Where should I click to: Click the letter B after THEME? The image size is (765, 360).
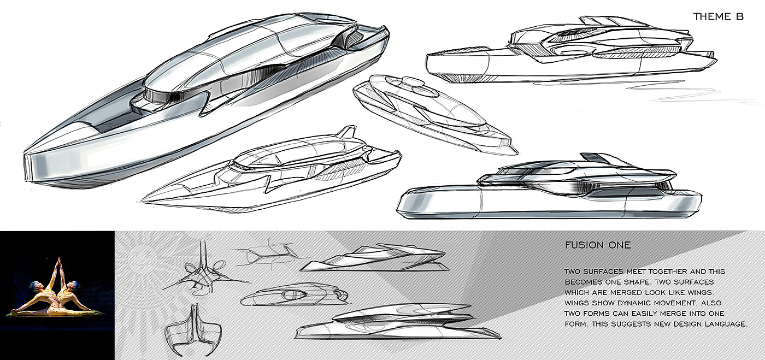pos(740,17)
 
